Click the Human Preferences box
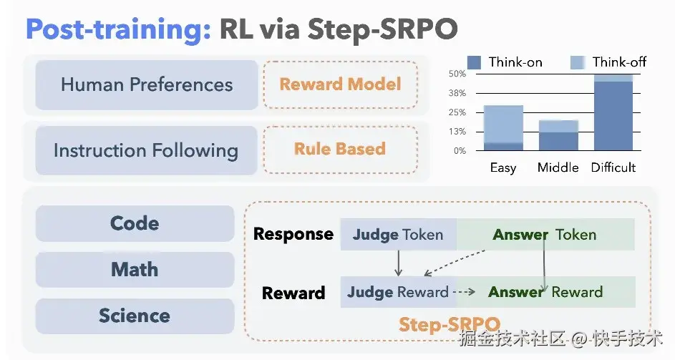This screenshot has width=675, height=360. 146,85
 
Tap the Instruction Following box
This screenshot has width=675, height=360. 146,150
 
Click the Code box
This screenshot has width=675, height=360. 135,223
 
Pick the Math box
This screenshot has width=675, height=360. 135,270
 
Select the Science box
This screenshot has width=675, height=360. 135,316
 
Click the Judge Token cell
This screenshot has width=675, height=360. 399,235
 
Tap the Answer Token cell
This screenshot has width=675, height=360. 545,235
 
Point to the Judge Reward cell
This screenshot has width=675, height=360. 399,292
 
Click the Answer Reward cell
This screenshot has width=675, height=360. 546,292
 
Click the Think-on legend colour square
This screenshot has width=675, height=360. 474,62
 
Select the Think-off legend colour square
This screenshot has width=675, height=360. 578,62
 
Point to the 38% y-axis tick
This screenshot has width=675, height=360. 457,93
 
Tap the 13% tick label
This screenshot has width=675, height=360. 457,132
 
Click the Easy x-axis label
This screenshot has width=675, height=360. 503,167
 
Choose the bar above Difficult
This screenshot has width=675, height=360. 613,112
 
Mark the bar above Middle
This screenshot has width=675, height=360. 558,136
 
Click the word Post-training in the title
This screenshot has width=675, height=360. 118,29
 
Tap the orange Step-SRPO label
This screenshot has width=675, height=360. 450,324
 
